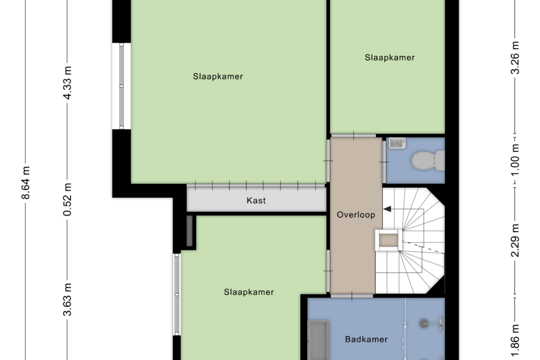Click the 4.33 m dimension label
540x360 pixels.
pyautogui.click(x=67, y=83)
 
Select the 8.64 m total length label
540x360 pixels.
pyautogui.click(x=26, y=183)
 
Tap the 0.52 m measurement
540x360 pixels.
pyautogui.click(x=67, y=199)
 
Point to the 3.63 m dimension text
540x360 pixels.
pyautogui.click(x=67, y=300)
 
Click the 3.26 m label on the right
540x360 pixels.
pyautogui.click(x=515, y=58)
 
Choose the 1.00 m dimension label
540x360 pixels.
pyautogui.click(x=515, y=160)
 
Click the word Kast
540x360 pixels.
pyautogui.click(x=256, y=201)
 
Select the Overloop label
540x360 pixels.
pyautogui.click(x=356, y=215)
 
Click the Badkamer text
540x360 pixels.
pyautogui.click(x=366, y=340)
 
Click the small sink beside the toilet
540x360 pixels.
pyautogui.click(x=397, y=143)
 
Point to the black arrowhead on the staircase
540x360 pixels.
pyautogui.click(x=388, y=209)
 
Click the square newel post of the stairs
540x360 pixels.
pyautogui.click(x=389, y=240)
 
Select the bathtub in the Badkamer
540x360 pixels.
pyautogui.click(x=318, y=340)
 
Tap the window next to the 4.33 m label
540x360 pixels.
pyautogui.click(x=121, y=86)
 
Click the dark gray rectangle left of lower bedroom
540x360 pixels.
pyautogui.click(x=189, y=231)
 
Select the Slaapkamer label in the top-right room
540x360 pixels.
pyautogui.click(x=390, y=58)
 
